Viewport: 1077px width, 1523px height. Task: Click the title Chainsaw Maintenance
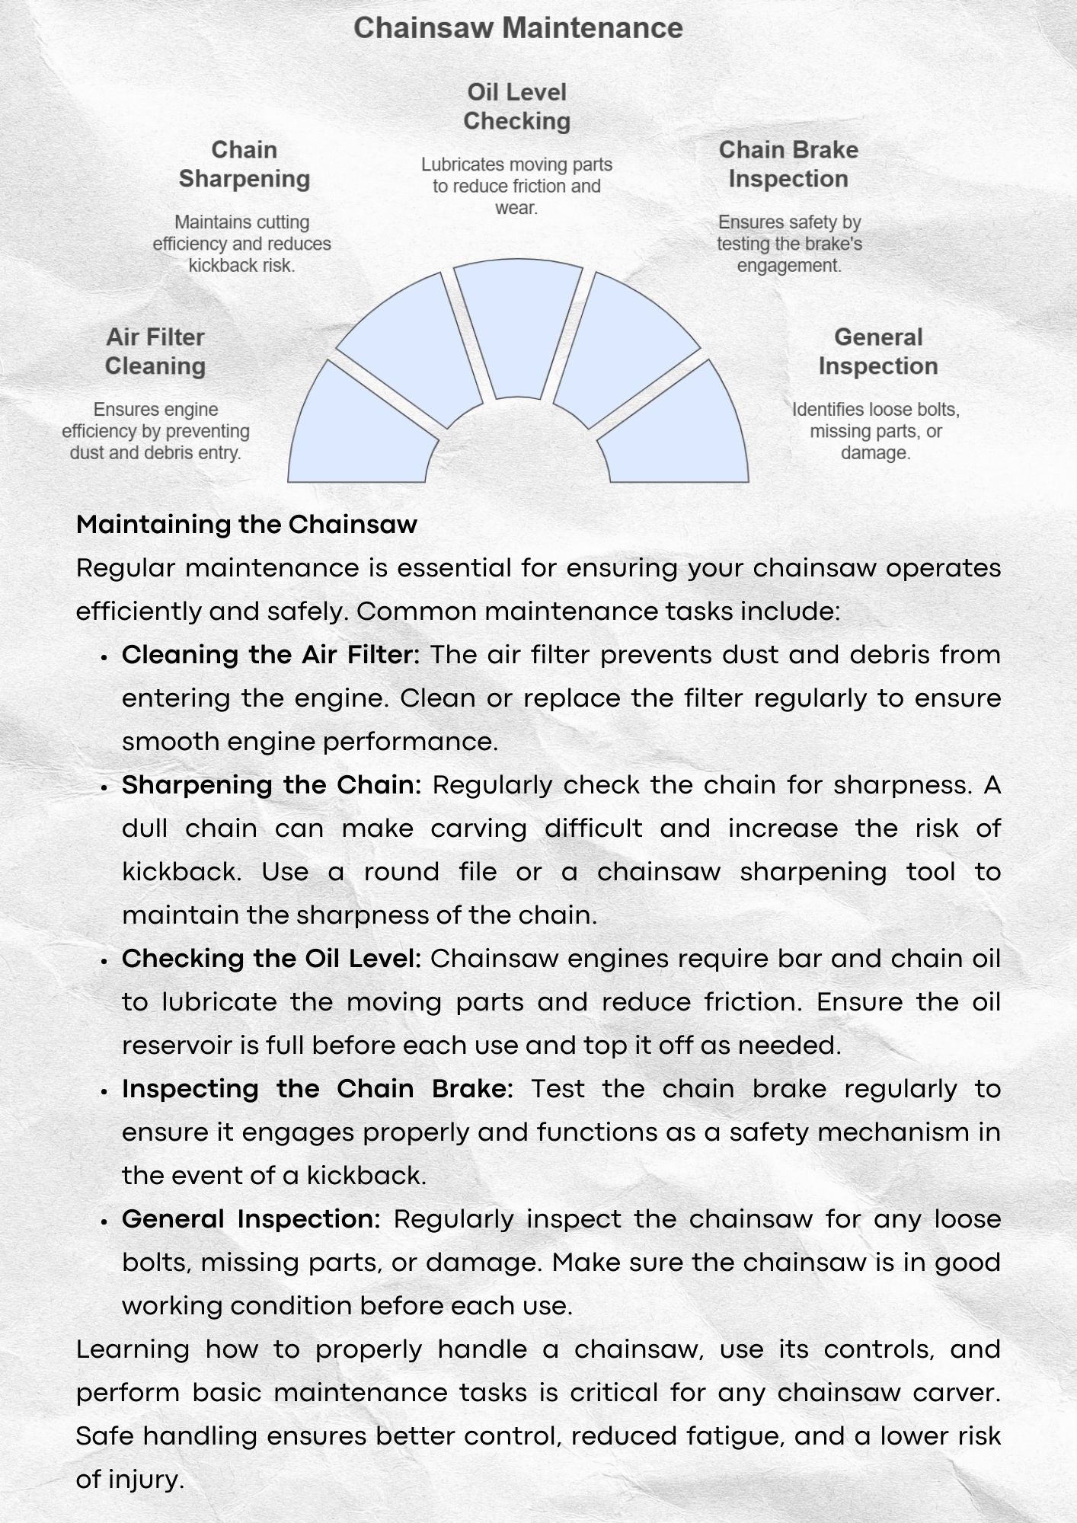click(x=518, y=28)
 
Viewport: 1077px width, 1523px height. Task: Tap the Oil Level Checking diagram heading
click(x=517, y=107)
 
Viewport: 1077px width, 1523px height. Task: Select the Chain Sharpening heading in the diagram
click(x=244, y=164)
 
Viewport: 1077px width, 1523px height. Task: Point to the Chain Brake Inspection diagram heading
click(x=788, y=164)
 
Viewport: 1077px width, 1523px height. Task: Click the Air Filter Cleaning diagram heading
click(x=155, y=352)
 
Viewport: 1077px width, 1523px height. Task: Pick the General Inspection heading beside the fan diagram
click(x=878, y=352)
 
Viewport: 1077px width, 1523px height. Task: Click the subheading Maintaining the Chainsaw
click(x=247, y=525)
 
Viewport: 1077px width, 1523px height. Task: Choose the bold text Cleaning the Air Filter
click(x=270, y=655)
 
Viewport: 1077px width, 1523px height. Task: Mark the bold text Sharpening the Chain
click(x=271, y=785)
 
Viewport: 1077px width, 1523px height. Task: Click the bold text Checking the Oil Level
click(x=271, y=959)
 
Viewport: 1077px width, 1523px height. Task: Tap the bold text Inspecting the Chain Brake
click(x=318, y=1089)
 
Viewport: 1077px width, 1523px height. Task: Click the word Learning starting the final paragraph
click(x=133, y=1349)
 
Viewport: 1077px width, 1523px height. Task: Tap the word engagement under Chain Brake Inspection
click(x=788, y=266)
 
